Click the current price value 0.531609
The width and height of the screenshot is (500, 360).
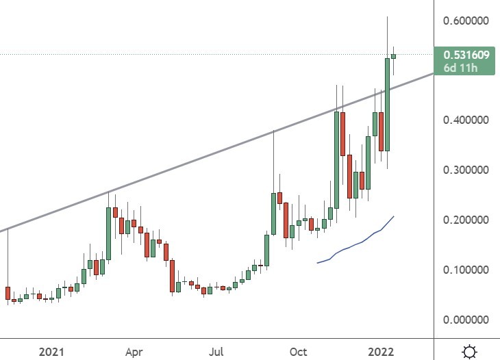466,55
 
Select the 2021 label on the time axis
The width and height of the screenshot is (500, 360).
52,352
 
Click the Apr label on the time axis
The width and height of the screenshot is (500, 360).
134,352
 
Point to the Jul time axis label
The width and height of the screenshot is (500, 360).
216,352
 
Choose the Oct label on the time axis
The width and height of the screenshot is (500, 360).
299,352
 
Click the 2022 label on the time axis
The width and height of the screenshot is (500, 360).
381,352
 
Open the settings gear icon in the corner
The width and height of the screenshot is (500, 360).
470,352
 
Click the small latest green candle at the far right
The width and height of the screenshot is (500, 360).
394,56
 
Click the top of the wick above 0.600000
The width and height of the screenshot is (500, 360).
387,17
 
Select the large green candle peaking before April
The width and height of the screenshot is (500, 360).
109,231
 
